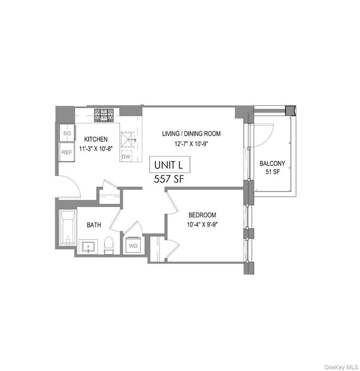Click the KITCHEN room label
tap(96, 139)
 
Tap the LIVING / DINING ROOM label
tap(191, 133)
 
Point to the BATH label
tap(93, 225)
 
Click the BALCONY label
tap(272, 163)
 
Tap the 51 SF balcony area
tap(272, 172)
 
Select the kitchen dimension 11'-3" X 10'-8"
tap(96, 149)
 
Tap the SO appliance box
tap(67, 134)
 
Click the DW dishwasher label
tap(126, 157)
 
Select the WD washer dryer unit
tap(134, 245)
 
